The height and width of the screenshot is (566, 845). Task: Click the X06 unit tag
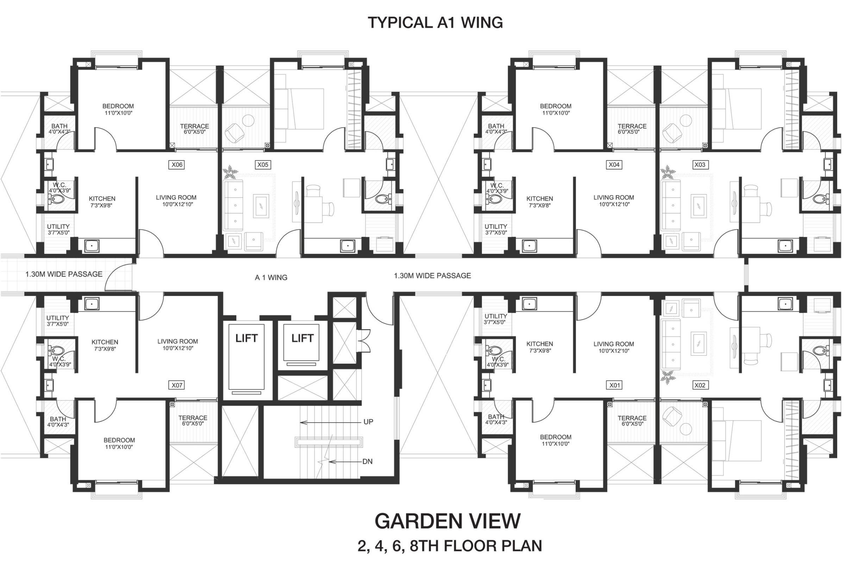[x=177, y=165]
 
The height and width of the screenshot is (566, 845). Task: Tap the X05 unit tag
[x=263, y=165]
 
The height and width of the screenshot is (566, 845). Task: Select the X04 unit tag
[x=614, y=165]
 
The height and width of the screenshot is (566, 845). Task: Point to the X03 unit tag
[x=700, y=165]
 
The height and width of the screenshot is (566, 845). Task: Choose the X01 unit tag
[x=614, y=385]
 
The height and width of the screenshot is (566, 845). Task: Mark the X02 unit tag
[x=700, y=385]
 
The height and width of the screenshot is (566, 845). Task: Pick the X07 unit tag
[x=177, y=385]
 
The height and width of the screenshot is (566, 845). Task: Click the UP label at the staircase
[x=368, y=422]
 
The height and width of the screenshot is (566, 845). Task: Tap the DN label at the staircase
[x=368, y=461]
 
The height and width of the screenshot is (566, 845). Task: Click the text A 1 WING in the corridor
[x=271, y=278]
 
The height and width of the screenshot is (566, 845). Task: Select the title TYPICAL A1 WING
[x=435, y=23]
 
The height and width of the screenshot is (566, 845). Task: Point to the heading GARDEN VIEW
[x=447, y=521]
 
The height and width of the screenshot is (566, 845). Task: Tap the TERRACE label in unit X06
[x=194, y=126]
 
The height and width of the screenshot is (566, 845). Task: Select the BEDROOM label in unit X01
[x=555, y=437]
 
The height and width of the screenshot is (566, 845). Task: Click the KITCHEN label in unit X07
[x=105, y=342]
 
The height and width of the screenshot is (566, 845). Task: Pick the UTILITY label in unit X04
[x=495, y=226]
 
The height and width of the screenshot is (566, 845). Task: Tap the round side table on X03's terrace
[x=686, y=120]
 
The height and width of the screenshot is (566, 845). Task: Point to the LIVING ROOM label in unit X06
[x=176, y=197]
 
